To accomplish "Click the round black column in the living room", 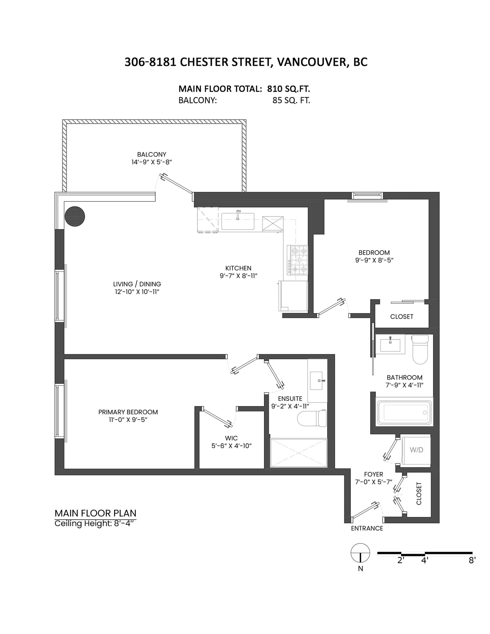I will click(x=75, y=216).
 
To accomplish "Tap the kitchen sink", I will click(x=238, y=221).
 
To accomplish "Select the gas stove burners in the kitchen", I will click(x=297, y=260).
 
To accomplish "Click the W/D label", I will click(x=416, y=450).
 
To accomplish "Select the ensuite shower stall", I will click(x=298, y=453).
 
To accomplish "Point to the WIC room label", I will click(x=231, y=438).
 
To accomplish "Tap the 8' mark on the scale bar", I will click(x=472, y=561).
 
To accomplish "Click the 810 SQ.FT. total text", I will click(x=288, y=89).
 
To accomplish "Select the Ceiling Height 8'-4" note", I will click(x=94, y=523).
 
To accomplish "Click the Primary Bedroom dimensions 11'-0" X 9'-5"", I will click(x=128, y=420).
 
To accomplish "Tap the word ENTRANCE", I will click(x=367, y=528).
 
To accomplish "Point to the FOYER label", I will click(x=373, y=474).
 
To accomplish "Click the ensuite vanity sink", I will click(x=316, y=381).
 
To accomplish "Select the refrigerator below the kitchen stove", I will click(x=293, y=296).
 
